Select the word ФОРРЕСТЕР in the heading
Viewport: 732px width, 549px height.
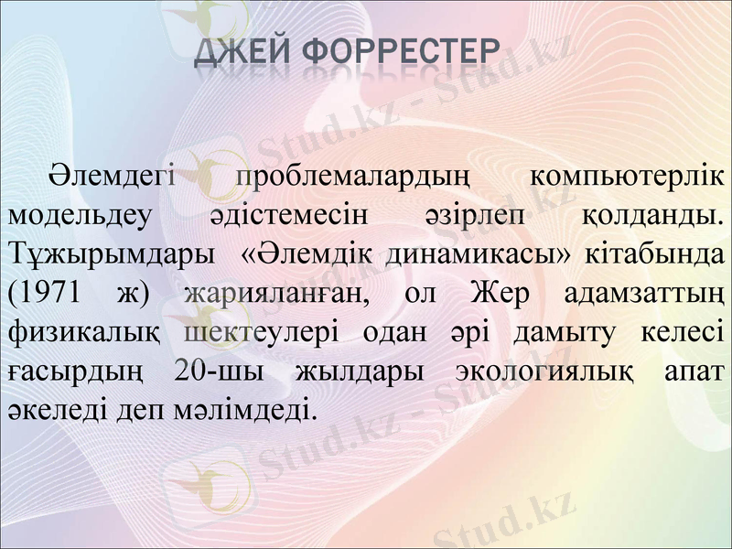403,55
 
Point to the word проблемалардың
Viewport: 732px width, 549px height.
352,177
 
